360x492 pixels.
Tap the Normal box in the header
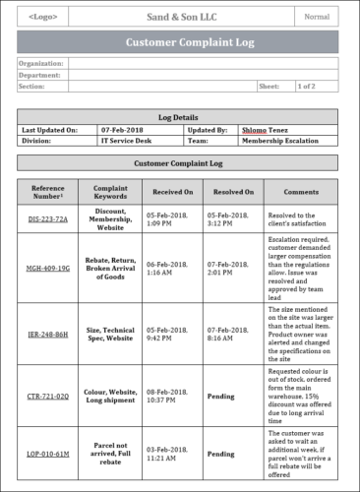pyautogui.click(x=317, y=17)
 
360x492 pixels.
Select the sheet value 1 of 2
pyautogui.click(x=308, y=87)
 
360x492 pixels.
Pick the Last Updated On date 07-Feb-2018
pyautogui.click(x=123, y=129)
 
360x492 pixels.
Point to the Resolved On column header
pyautogui.click(x=234, y=192)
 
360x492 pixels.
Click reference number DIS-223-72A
pyautogui.click(x=48, y=218)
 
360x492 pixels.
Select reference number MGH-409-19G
pyautogui.click(x=48, y=267)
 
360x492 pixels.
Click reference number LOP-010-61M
pyautogui.click(x=48, y=454)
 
